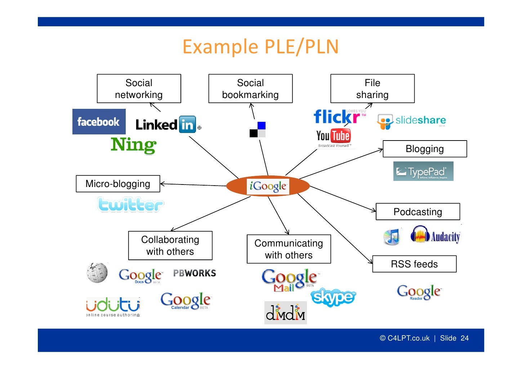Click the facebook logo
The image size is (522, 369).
click(99, 122)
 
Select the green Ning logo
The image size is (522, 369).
click(133, 145)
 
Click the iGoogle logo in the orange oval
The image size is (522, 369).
click(268, 186)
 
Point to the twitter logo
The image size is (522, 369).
click(130, 204)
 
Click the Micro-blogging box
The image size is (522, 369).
click(118, 184)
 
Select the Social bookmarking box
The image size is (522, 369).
click(250, 89)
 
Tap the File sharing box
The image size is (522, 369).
click(372, 89)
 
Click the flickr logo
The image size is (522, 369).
click(338, 116)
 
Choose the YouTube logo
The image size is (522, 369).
click(334, 137)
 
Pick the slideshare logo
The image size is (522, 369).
click(411, 121)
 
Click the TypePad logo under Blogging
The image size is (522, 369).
click(423, 171)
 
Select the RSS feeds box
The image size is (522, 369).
click(414, 264)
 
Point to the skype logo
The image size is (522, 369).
click(333, 297)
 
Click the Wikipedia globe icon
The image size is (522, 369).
click(97, 273)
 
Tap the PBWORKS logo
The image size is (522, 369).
click(195, 273)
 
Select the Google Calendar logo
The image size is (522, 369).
click(186, 301)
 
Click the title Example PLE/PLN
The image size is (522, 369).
click(260, 47)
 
